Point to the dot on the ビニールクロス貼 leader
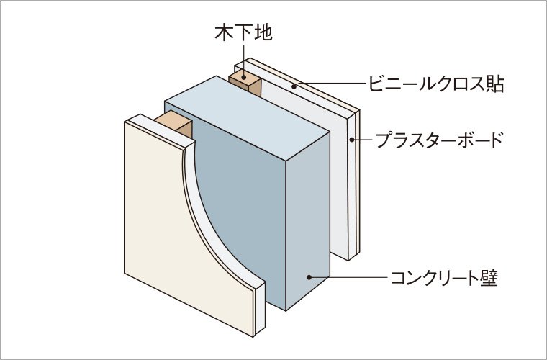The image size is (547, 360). (x=294, y=84)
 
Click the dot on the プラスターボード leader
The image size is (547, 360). (x=352, y=139)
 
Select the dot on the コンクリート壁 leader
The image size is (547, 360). (x=309, y=276)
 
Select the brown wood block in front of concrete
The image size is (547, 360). (x=173, y=126)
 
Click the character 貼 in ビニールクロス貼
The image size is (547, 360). (x=493, y=84)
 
